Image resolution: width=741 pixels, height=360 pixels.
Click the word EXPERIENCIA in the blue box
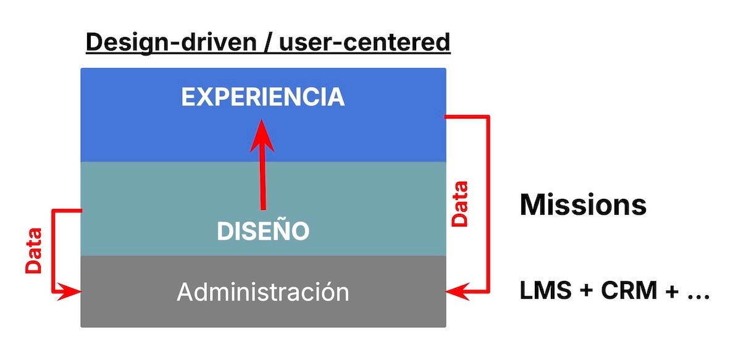click(x=262, y=97)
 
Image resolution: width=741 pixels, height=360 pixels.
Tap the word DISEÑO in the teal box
click(x=262, y=231)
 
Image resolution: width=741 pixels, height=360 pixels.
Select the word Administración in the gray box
click(x=262, y=291)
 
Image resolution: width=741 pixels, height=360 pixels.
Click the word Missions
click(x=583, y=204)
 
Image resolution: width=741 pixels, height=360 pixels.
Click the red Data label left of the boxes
click(x=34, y=251)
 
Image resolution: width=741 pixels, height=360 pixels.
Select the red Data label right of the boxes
click(x=459, y=204)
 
